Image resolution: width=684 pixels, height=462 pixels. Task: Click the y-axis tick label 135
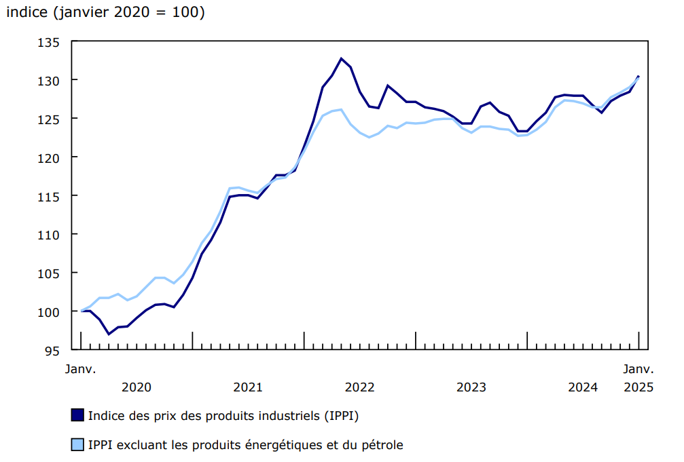pos(52,42)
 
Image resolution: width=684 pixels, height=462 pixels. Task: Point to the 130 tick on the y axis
pos(52,80)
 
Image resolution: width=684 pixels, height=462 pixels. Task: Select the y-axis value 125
pos(52,119)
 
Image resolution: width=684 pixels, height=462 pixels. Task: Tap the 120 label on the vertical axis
pos(52,157)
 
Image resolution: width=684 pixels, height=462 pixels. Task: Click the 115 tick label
pos(52,196)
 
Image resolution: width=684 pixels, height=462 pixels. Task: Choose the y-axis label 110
pos(52,235)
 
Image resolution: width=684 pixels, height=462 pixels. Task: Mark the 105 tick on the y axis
pos(52,273)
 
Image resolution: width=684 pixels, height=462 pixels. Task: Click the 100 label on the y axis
pos(52,311)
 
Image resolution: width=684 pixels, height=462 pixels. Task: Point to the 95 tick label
pos(56,350)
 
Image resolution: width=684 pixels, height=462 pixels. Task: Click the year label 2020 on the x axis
pos(137,387)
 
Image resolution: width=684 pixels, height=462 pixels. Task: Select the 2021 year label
pos(248,387)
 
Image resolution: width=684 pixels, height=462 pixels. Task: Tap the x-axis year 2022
pos(359,387)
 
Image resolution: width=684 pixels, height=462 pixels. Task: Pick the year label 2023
pos(471,387)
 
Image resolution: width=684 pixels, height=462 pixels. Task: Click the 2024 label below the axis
pos(582,387)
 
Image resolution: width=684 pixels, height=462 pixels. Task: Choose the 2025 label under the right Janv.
pos(638,387)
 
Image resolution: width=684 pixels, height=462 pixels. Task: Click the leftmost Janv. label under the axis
pos(81,370)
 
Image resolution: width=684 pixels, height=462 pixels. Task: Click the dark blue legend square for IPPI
pos(77,415)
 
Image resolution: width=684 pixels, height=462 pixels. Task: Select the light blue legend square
pos(77,445)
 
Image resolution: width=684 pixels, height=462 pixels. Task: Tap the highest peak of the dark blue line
pos(341,58)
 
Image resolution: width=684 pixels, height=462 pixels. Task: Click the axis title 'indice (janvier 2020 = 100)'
pos(105,12)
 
